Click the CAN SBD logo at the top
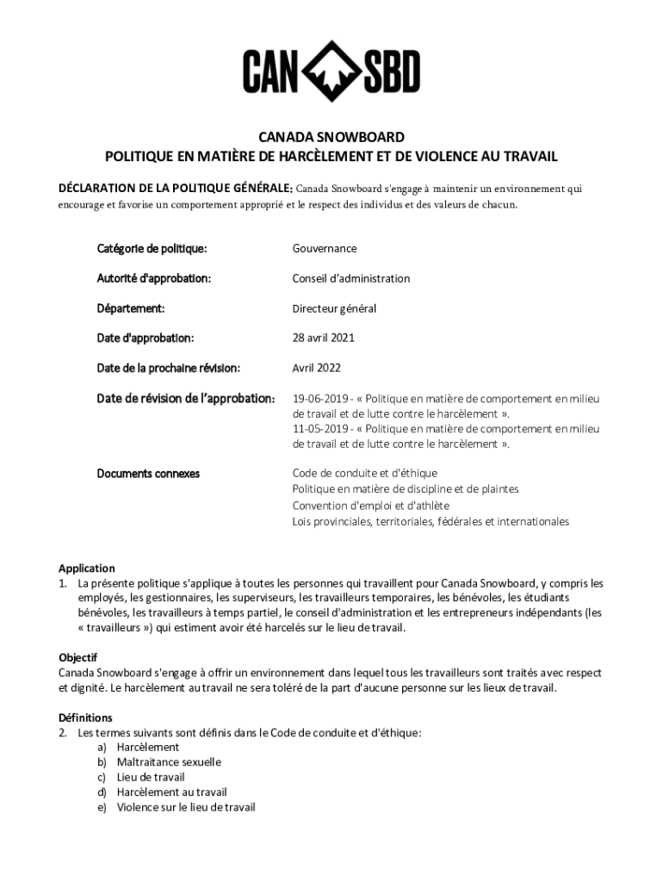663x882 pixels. (x=331, y=71)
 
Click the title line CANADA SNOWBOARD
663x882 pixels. (x=331, y=137)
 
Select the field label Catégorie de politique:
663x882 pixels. (x=152, y=249)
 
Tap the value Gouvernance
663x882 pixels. (x=325, y=249)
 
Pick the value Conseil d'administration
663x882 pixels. (x=351, y=278)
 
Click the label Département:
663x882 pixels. (x=131, y=308)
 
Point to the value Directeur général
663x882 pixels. (x=334, y=308)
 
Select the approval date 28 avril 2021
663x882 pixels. (x=324, y=338)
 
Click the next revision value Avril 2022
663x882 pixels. (x=317, y=368)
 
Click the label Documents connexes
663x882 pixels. (x=148, y=474)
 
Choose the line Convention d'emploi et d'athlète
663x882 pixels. (x=371, y=506)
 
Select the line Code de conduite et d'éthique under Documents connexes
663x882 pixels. (x=365, y=474)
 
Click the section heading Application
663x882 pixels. (x=86, y=568)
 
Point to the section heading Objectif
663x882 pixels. (x=77, y=657)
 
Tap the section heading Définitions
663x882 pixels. (x=85, y=717)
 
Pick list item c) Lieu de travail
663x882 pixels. (x=151, y=777)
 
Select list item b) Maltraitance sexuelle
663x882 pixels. (x=169, y=762)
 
